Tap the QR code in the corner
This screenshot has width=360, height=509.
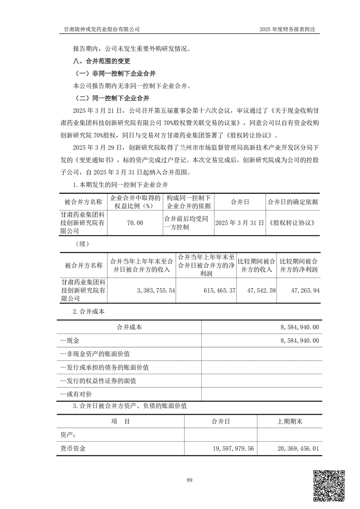point(330,486)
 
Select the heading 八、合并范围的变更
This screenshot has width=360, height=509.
point(101,61)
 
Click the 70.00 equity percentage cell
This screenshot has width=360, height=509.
point(135,223)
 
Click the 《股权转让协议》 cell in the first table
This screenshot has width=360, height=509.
point(292,223)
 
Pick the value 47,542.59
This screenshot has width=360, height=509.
point(257,290)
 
